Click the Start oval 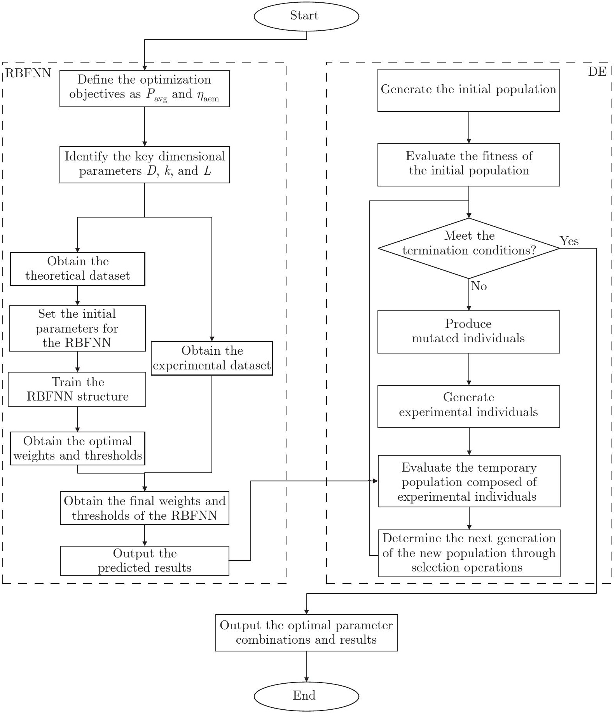pyautogui.click(x=306, y=16)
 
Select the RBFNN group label pyautogui.click(x=28, y=73)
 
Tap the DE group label pyautogui.click(x=598, y=72)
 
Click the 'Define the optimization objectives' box pyautogui.click(x=145, y=88)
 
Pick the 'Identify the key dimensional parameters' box pyautogui.click(x=145, y=164)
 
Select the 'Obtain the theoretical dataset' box pyautogui.click(x=78, y=269)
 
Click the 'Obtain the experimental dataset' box pyautogui.click(x=212, y=358)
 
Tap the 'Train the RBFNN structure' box pyautogui.click(x=77, y=389)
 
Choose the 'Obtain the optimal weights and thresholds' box pyautogui.click(x=78, y=448)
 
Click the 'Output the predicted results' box pyautogui.click(x=145, y=561)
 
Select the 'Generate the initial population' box pyautogui.click(x=469, y=90)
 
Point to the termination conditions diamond pyautogui.click(x=469, y=248)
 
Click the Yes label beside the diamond pyautogui.click(x=569, y=241)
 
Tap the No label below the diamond pyautogui.click(x=479, y=286)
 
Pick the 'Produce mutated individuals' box pyautogui.click(x=469, y=332)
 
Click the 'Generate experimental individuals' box pyautogui.click(x=469, y=406)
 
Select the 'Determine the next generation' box pyautogui.click(x=469, y=553)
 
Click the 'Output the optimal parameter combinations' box pyautogui.click(x=307, y=633)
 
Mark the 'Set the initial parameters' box pyautogui.click(x=77, y=328)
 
